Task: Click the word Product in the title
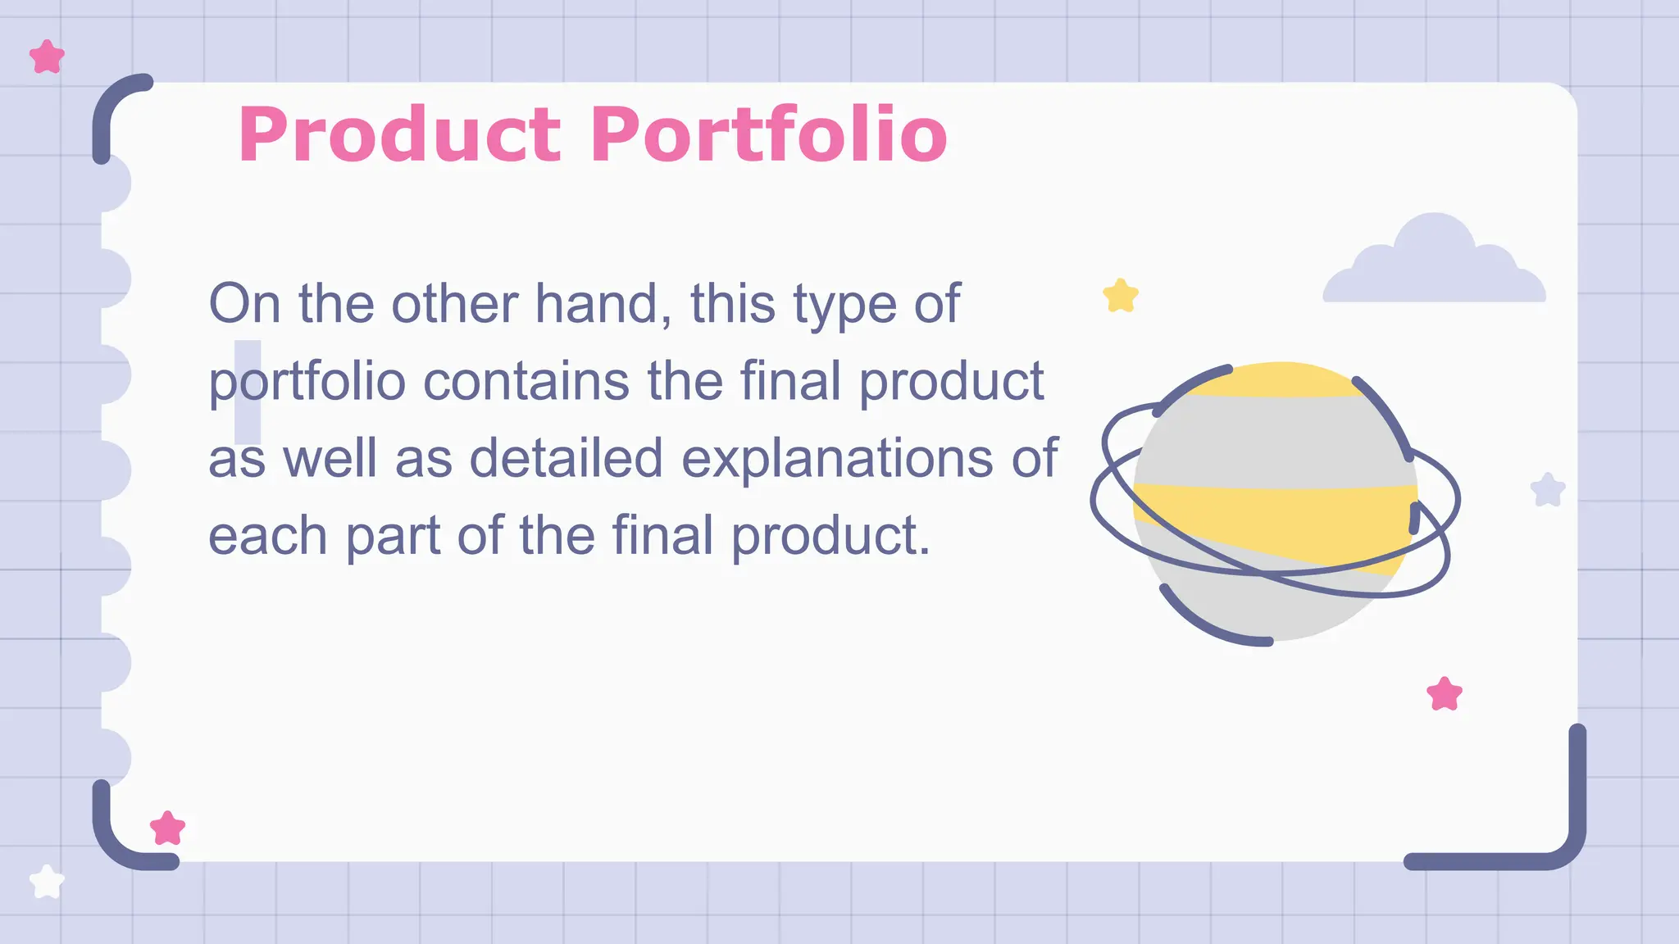(399, 135)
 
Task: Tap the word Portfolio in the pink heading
(768, 135)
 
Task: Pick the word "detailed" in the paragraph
(566, 458)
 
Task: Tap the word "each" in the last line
(267, 536)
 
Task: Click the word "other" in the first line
(454, 304)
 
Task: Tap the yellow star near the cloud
(1121, 296)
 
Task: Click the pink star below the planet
(1444, 694)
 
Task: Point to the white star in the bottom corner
(47, 882)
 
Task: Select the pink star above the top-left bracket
(47, 57)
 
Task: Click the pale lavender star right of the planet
(1548, 490)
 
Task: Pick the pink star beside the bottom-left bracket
(167, 828)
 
